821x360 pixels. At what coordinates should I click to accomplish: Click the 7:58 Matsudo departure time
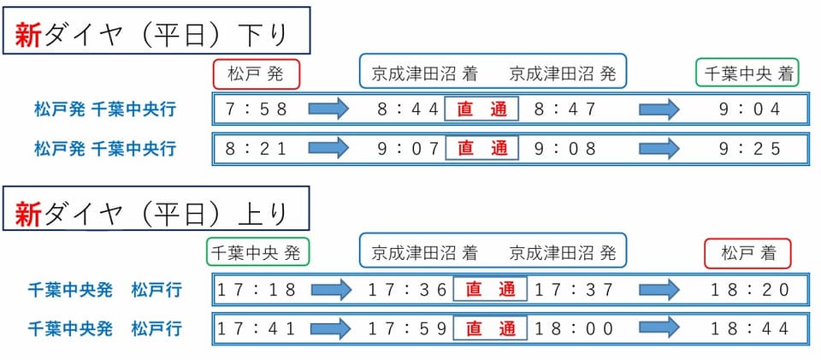click(x=257, y=109)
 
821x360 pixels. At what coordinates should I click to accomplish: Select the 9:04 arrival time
click(x=750, y=109)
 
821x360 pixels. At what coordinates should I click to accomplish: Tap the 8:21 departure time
click(x=257, y=149)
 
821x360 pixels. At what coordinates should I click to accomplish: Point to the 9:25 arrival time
click(x=750, y=149)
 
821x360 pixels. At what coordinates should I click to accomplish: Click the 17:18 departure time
click(x=257, y=289)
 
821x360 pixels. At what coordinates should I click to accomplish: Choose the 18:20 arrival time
click(x=750, y=289)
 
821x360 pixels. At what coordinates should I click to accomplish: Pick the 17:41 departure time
click(x=257, y=329)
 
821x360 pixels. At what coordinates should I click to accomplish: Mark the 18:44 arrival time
click(x=750, y=329)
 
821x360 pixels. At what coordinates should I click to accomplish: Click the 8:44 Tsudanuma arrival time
click(x=409, y=109)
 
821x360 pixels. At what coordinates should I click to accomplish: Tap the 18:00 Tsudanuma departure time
click(x=573, y=329)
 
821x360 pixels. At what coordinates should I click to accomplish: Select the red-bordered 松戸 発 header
click(x=256, y=74)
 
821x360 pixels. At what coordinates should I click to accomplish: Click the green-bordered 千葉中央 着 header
click(x=747, y=72)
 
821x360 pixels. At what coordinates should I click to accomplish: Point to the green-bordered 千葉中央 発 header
click(x=257, y=252)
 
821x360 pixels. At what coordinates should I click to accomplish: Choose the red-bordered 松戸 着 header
click(x=747, y=253)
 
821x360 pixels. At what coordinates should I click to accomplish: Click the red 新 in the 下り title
click(x=28, y=36)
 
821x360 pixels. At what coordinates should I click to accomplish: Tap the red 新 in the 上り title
click(x=28, y=214)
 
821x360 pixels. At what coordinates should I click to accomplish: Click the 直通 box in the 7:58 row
click(x=481, y=109)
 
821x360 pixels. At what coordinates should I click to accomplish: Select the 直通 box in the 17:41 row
click(x=489, y=329)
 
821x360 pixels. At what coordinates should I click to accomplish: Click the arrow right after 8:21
click(x=328, y=149)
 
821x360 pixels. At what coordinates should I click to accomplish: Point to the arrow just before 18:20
click(x=659, y=289)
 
